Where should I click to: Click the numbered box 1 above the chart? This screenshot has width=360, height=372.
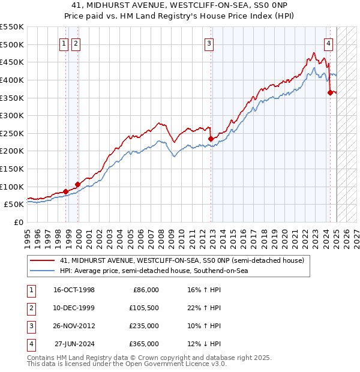[64, 43]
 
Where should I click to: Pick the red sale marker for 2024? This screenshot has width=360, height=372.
[330, 92]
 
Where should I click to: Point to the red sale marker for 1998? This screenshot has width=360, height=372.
[65, 191]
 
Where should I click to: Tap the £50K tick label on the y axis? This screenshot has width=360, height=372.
[14, 204]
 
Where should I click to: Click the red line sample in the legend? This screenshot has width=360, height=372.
[43, 261]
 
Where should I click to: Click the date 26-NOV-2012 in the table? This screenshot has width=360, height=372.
[74, 326]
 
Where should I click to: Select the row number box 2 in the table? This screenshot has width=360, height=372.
[31, 308]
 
